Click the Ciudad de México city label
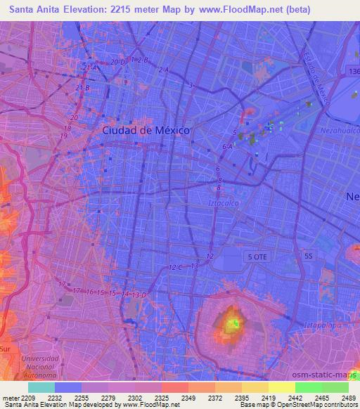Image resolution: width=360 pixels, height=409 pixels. pos(146,130)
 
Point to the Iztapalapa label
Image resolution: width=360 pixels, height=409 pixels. pos(321,325)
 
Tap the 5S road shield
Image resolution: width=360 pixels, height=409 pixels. pos(308,257)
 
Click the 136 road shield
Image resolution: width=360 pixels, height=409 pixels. pos(353,72)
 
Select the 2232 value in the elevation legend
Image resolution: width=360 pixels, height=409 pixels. pos(54,397)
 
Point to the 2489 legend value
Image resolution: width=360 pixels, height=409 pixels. pos(349,397)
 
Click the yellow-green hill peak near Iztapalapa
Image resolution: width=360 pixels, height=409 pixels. pos(233,325)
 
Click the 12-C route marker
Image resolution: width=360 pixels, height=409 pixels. pos(176,268)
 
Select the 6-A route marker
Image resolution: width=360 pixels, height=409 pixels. pos(227,146)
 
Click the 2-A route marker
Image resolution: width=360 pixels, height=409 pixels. pos(164,70)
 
